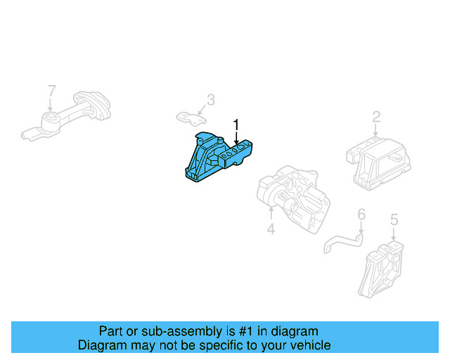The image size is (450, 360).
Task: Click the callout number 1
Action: click(236, 126)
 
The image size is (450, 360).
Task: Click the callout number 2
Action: click(376, 117)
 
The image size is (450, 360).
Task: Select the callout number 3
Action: click(210, 101)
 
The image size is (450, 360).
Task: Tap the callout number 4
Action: click(271, 229)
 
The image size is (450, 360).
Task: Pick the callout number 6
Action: click(361, 214)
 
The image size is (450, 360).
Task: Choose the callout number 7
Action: click(51, 91)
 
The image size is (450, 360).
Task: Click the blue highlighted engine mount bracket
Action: click(214, 159)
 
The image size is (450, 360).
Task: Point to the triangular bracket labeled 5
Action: click(382, 271)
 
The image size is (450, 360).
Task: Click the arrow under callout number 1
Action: click(236, 139)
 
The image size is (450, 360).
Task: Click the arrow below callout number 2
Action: click(376, 130)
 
